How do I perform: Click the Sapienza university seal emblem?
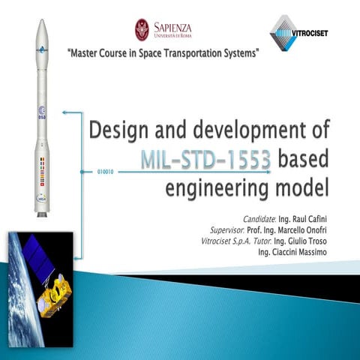coord(142,29)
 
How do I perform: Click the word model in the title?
coord(303,184)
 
